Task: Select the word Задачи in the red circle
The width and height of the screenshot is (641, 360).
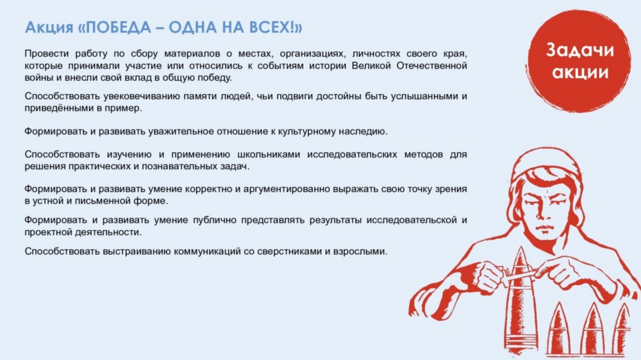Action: tap(580, 50)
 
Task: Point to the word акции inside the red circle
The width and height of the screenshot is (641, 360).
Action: tap(580, 72)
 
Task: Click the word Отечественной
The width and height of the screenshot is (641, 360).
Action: tap(431, 65)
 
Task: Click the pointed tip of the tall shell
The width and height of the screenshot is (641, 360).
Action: tap(520, 247)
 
